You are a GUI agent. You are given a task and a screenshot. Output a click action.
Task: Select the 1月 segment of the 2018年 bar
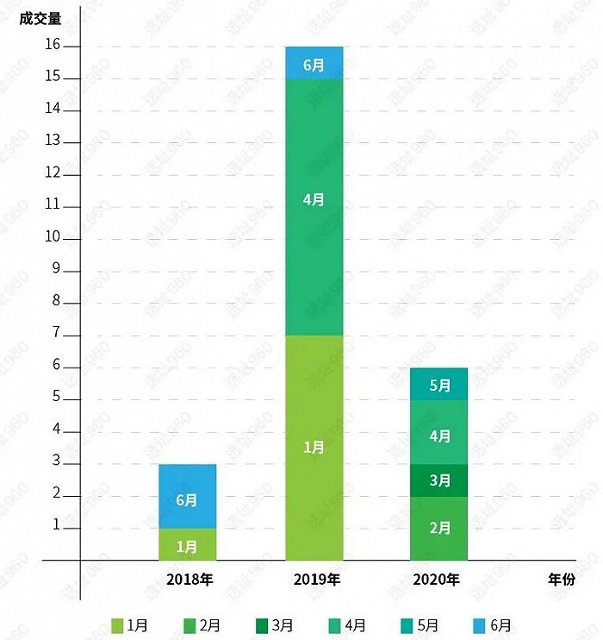[x=187, y=544]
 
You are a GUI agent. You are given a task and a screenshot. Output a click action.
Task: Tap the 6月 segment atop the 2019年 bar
[x=314, y=63]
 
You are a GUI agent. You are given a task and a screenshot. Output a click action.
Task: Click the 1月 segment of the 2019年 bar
[x=314, y=447]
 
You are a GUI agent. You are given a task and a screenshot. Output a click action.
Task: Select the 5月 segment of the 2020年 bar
[x=439, y=384]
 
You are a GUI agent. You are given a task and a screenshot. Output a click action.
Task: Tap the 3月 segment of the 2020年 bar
[x=439, y=480]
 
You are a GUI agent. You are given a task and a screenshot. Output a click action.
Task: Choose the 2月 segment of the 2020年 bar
[x=439, y=528]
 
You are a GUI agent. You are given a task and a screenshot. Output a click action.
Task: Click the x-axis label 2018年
[x=190, y=579]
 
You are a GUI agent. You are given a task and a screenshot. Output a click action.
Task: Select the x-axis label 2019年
[x=316, y=579]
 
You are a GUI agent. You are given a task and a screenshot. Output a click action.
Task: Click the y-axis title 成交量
[x=41, y=16]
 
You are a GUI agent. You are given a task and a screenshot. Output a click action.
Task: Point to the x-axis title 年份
[x=560, y=579]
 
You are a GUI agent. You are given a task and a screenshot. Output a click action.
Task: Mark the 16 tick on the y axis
[x=53, y=46]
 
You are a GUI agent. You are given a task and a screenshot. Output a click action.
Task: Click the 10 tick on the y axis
[x=53, y=237]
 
